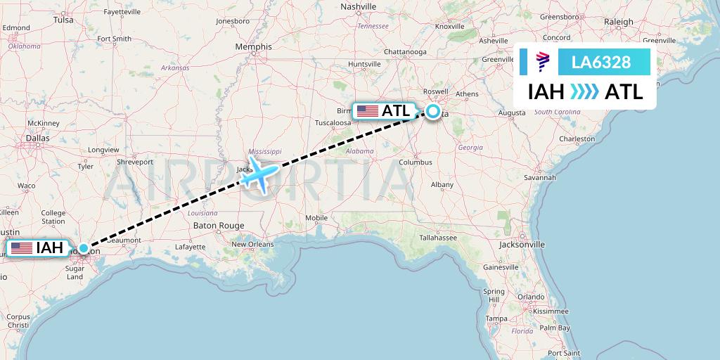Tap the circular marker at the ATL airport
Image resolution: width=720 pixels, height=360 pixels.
pyautogui.click(x=432, y=111)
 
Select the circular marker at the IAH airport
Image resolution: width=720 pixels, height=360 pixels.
pyautogui.click(x=84, y=248)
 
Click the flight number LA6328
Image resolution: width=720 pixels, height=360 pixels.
pyautogui.click(x=600, y=63)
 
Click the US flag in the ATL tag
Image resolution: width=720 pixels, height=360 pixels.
pyautogui.click(x=367, y=111)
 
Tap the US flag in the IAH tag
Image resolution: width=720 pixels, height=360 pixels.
pyautogui.click(x=22, y=248)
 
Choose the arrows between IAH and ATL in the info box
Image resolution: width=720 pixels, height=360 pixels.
pyautogui.click(x=584, y=91)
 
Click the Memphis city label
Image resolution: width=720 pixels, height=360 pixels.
pyautogui.click(x=253, y=47)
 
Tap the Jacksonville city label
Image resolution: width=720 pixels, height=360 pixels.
pyautogui.click(x=522, y=245)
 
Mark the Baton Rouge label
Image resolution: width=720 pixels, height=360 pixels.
pyautogui.click(x=219, y=226)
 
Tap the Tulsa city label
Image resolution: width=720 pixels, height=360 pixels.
pyautogui.click(x=63, y=20)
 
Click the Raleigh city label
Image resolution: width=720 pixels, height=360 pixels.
pyautogui.click(x=619, y=22)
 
